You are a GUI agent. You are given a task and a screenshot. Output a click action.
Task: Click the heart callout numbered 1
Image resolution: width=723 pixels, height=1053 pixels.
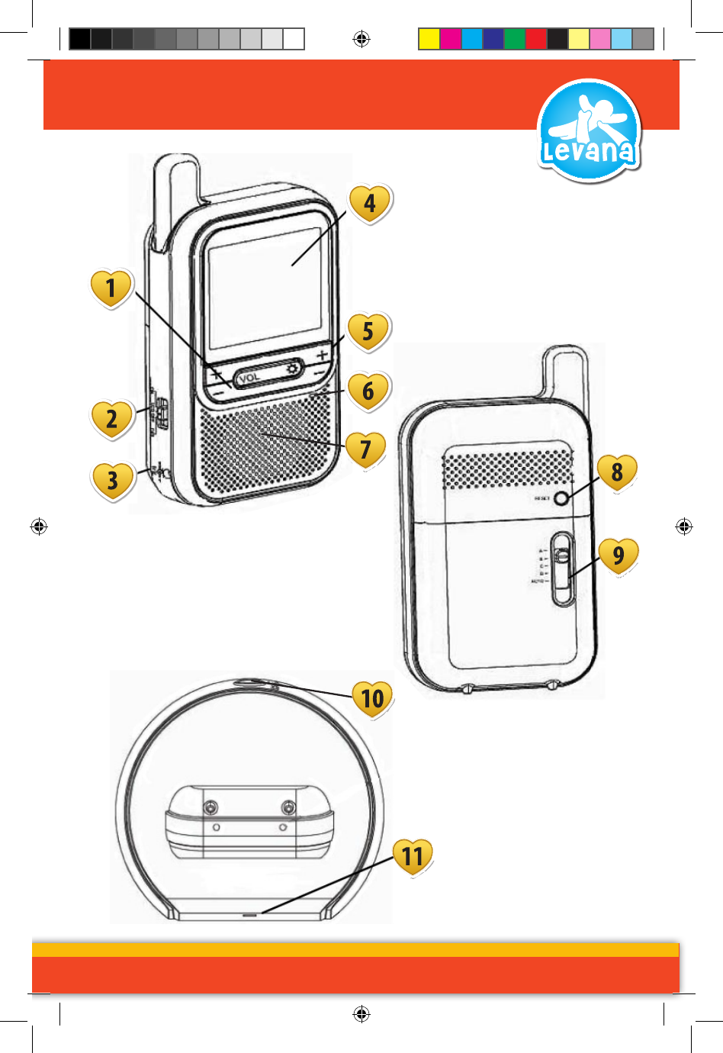pos(111,288)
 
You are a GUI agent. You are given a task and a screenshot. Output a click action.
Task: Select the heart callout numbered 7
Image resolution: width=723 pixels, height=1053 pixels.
pos(366,449)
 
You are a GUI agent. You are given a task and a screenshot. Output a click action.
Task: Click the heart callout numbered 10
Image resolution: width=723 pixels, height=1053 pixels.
pos(372,697)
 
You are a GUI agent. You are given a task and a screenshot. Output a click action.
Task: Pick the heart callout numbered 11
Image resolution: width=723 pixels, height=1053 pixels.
pos(413,856)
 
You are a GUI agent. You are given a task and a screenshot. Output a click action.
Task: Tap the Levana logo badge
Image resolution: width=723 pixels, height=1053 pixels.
pos(589,131)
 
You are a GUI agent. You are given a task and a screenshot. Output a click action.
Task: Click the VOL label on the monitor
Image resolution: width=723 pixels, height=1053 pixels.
pos(249,377)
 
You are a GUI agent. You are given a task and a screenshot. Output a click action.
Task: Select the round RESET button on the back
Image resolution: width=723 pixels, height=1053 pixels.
pos(563,498)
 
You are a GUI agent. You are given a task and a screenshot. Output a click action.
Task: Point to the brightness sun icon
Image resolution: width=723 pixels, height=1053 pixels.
pos(292,369)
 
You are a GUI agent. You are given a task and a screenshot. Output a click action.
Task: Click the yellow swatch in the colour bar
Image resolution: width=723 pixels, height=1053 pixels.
pos(429,39)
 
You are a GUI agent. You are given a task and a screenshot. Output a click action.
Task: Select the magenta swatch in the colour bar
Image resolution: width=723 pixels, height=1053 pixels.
pos(451,39)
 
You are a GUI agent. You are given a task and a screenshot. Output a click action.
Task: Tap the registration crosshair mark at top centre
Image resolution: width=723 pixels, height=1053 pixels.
pos(361,39)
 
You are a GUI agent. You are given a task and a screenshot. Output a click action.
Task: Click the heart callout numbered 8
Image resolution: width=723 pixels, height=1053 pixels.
pos(617,472)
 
